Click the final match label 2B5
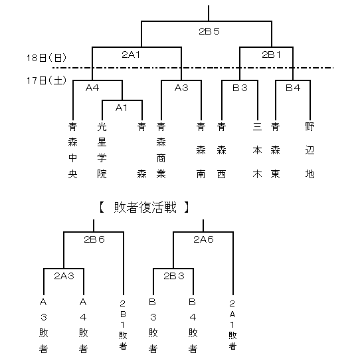click(209, 31)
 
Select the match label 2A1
click(131, 55)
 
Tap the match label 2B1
click(271, 55)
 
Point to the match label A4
click(92, 88)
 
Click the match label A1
click(122, 108)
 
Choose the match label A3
click(181, 88)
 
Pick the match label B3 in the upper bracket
click(240, 88)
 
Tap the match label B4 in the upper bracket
click(293, 88)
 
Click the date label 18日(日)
click(46, 58)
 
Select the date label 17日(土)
click(46, 80)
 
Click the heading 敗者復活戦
click(145, 207)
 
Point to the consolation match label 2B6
click(94, 239)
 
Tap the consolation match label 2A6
click(203, 239)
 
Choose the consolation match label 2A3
click(64, 276)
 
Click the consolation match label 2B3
click(174, 276)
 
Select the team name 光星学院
click(102, 150)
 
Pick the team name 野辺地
click(310, 150)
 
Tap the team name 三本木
click(257, 150)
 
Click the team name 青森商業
click(161, 150)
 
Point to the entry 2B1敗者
click(123, 325)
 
